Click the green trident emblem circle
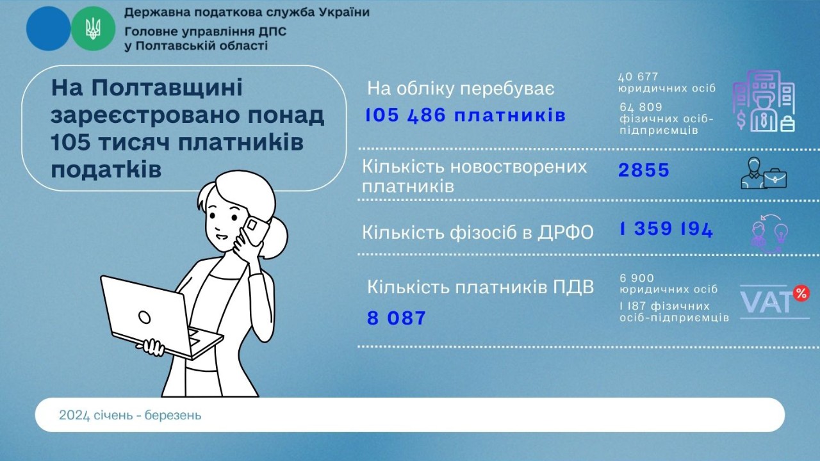pyautogui.click(x=93, y=29)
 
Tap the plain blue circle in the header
pyautogui.click(x=48, y=29)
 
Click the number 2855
pyautogui.click(x=644, y=170)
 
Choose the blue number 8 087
pyautogui.click(x=397, y=318)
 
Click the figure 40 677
pyautogui.click(x=639, y=77)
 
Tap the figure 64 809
pyautogui.click(x=641, y=107)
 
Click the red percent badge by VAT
pyautogui.click(x=801, y=293)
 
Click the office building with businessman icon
pyautogui.click(x=764, y=101)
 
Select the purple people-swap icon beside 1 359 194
pyautogui.click(x=769, y=234)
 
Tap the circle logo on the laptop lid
pyautogui.click(x=145, y=316)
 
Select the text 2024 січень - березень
pyautogui.click(x=130, y=416)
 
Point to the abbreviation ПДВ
pyautogui.click(x=572, y=287)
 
